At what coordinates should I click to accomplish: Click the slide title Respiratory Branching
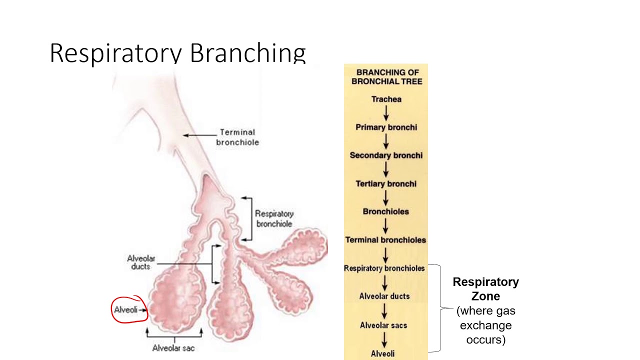tap(177, 52)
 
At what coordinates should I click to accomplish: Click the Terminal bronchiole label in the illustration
tap(237, 137)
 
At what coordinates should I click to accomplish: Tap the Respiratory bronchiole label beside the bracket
tap(274, 218)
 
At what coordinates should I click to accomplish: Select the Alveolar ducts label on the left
tap(141, 262)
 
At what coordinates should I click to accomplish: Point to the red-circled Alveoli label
tap(126, 309)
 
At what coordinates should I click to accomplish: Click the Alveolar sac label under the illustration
tap(173, 348)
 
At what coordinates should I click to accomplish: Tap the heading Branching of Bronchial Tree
tap(386, 76)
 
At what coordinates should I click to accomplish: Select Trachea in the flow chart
tap(386, 99)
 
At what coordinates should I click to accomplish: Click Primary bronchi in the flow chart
tap(386, 127)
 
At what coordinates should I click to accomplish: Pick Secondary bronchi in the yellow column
tap(386, 155)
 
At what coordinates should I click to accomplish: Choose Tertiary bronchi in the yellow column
tap(386, 183)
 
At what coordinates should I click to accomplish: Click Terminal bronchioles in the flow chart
tap(385, 240)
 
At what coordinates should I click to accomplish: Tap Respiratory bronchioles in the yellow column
tap(384, 268)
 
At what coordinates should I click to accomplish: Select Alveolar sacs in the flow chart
tap(383, 325)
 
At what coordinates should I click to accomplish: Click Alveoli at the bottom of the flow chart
tap(382, 353)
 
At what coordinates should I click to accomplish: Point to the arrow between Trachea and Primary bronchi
tap(386, 113)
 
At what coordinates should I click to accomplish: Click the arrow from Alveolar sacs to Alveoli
tap(384, 339)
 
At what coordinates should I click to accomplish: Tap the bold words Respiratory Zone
tap(485, 289)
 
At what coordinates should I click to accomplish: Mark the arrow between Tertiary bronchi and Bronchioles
tap(386, 197)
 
